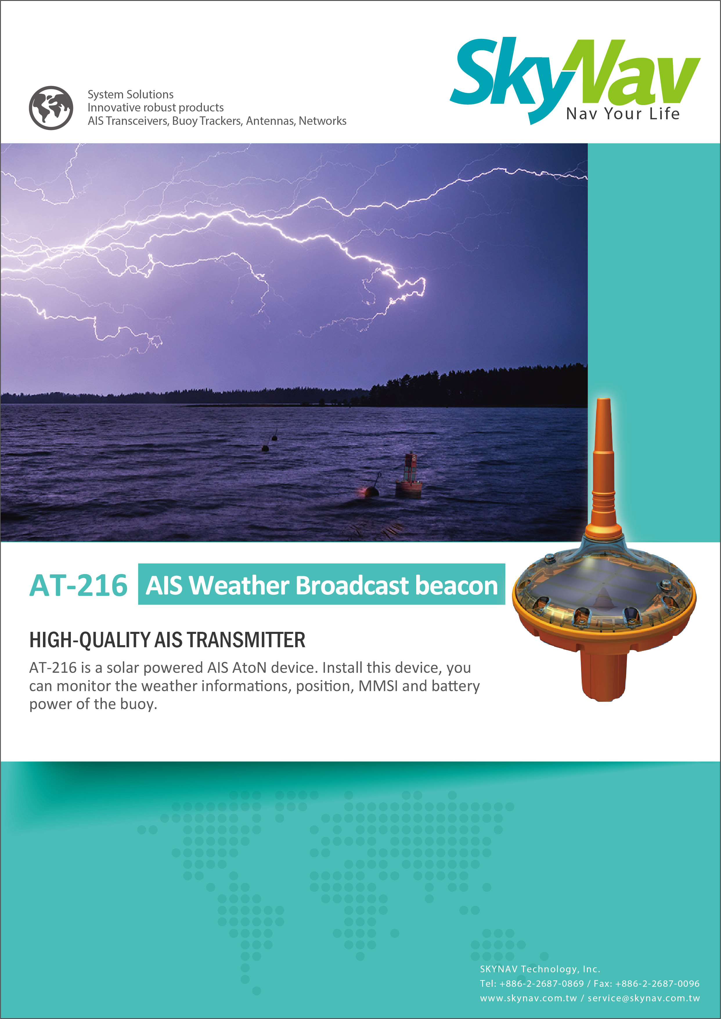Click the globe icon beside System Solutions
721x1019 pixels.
coord(51,108)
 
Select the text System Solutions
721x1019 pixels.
coord(131,95)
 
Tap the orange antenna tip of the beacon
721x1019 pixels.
coord(603,402)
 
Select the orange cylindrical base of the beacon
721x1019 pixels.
coord(604,677)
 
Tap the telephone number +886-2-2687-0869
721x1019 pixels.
coord(542,984)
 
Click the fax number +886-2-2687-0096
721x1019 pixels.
coord(657,984)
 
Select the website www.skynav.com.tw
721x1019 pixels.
coord(528,998)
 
